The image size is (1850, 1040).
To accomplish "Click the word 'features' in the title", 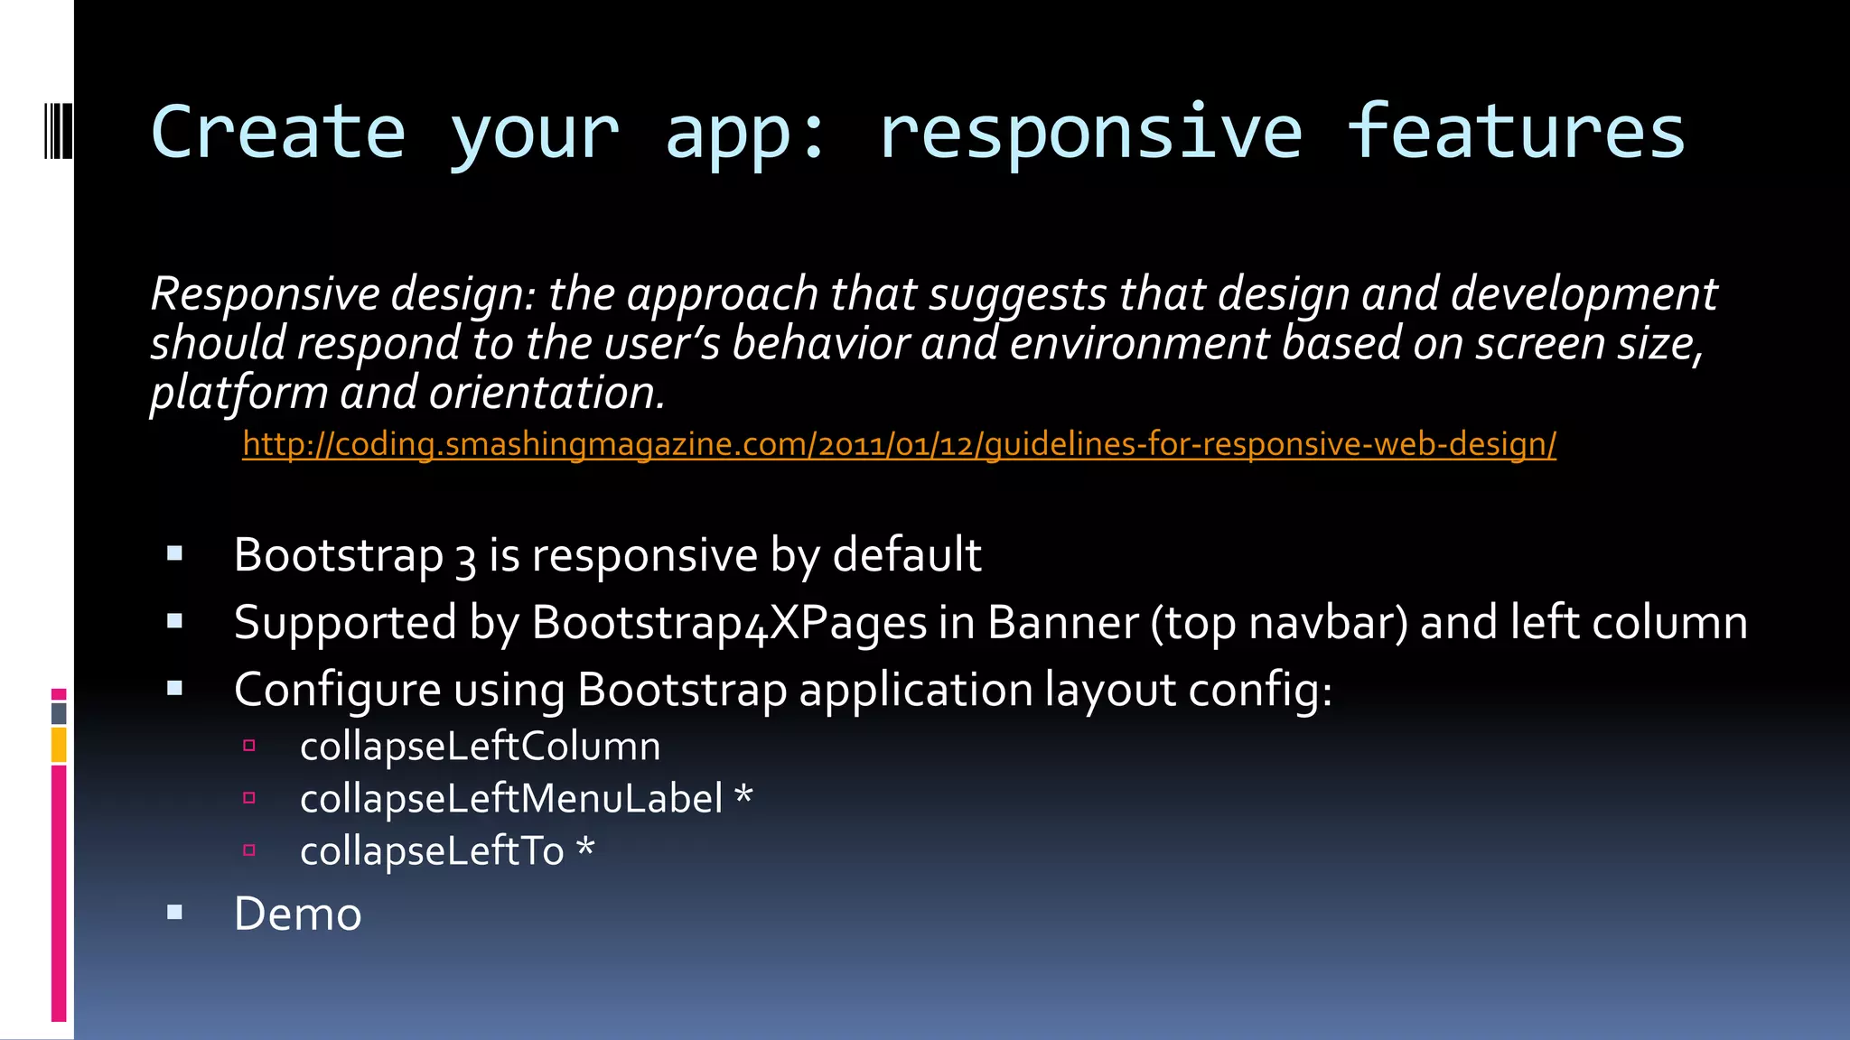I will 1515,132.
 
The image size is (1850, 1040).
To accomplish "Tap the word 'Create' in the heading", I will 278,132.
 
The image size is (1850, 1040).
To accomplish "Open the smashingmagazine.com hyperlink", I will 899,444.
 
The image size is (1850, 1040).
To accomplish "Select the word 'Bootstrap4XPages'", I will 729,623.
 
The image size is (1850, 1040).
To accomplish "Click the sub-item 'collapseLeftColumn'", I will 480,747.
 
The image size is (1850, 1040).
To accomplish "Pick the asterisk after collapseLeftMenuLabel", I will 743,796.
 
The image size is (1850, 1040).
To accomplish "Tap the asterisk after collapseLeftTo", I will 585,848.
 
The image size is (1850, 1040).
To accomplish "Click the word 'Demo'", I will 297,914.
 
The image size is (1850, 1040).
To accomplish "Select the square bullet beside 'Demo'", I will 175,913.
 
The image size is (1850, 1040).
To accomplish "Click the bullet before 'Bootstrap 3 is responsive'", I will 175,553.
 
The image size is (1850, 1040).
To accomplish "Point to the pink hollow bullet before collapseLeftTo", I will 249,850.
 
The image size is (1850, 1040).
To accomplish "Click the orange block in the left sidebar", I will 59,746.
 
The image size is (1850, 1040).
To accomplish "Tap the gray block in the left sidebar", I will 59,713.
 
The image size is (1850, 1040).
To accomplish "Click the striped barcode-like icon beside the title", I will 58,132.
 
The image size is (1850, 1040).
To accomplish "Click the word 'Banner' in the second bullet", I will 1062,623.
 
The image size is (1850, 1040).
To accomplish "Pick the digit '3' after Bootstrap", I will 465,557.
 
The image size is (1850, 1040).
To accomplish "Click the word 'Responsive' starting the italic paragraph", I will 266,294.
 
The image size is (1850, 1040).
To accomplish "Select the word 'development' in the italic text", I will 1584,294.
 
